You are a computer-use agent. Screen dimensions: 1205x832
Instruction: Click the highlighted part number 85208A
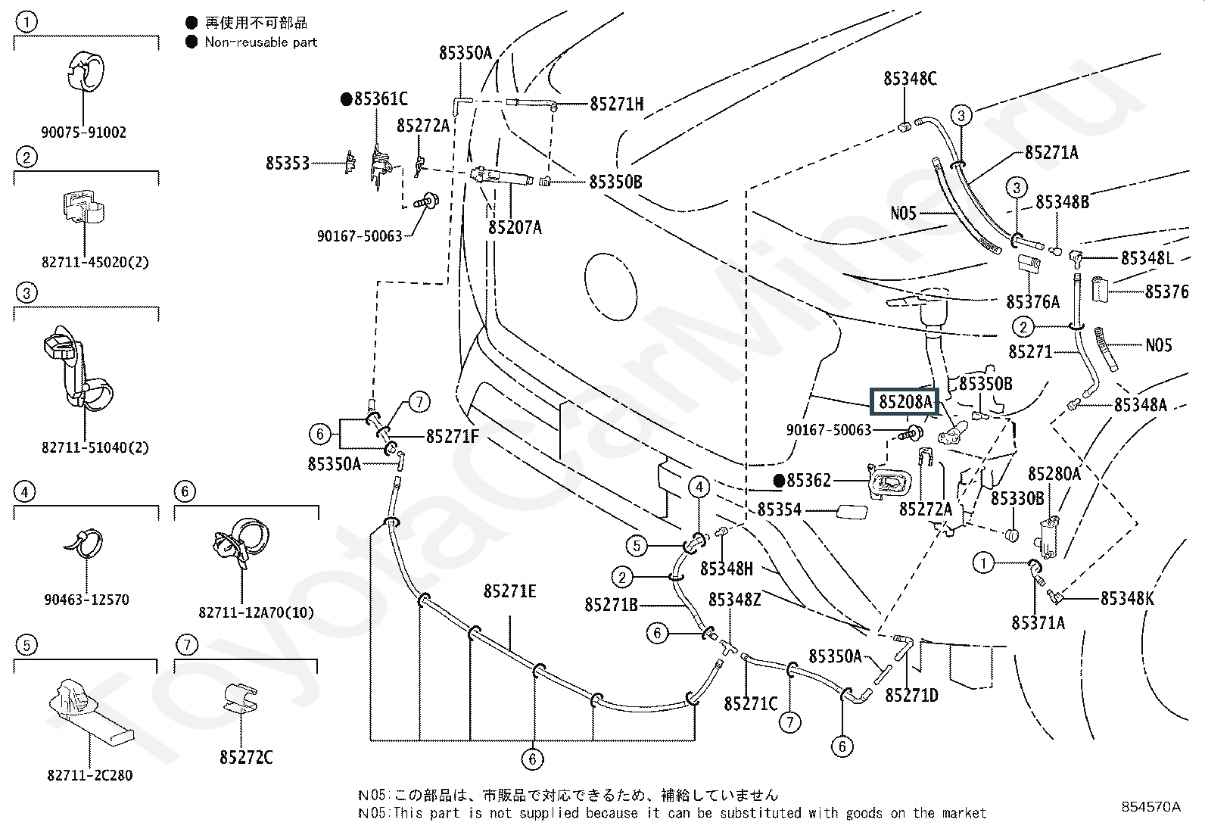[x=905, y=401]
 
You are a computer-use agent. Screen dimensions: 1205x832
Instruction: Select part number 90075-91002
[x=83, y=132]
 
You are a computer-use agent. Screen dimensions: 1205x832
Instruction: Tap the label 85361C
[x=381, y=98]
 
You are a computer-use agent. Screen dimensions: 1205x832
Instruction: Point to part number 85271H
[x=616, y=104]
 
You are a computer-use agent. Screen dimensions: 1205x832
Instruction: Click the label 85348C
[x=911, y=79]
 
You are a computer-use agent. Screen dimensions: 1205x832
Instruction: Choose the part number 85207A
[x=515, y=228]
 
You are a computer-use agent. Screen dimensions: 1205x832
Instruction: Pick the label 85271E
[x=509, y=591]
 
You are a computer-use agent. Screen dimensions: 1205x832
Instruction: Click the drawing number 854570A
[x=1151, y=806]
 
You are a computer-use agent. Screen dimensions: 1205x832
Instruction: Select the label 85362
[x=808, y=480]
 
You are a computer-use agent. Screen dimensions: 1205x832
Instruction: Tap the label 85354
[x=780, y=509]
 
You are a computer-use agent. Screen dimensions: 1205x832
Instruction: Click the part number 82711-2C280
[x=90, y=775]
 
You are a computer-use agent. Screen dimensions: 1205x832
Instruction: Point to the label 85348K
[x=1127, y=598]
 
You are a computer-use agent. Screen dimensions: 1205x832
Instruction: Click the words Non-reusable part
[x=261, y=42]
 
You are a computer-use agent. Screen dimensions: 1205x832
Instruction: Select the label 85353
[x=288, y=163]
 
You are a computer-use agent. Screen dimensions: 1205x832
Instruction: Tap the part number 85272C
[x=246, y=757]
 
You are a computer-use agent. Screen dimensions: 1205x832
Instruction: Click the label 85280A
[x=1054, y=474]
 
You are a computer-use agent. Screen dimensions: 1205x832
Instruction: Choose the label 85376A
[x=1033, y=302]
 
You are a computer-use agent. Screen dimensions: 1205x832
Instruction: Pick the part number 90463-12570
[x=86, y=600]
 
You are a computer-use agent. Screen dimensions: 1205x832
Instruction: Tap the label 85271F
[x=452, y=437]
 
